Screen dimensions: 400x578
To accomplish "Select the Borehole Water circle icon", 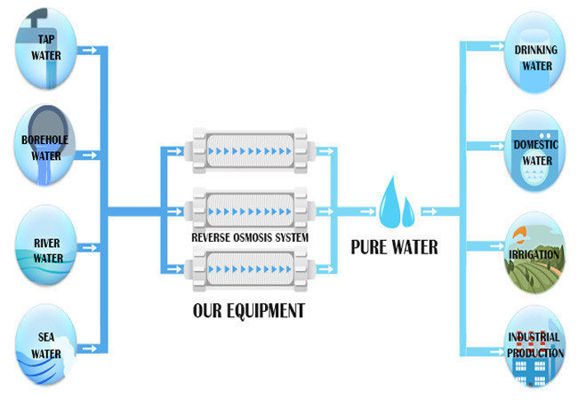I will [47, 146].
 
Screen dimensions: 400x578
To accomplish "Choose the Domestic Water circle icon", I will [535, 152].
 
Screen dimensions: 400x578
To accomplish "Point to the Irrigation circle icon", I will [535, 252].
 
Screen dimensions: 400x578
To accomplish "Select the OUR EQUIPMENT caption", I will [249, 310].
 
